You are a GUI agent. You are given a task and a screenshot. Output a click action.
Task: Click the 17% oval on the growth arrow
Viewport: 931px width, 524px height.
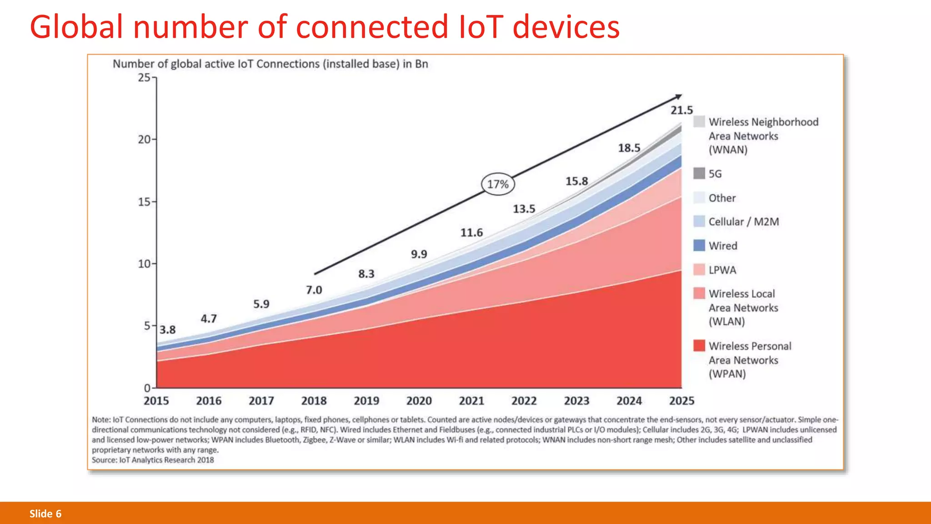498,184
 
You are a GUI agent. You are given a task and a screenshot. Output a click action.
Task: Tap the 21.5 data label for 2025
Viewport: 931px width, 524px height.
681,110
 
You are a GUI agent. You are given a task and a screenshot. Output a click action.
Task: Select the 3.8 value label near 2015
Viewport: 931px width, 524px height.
167,330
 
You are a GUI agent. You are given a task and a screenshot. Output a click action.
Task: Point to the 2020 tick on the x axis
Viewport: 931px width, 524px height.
419,401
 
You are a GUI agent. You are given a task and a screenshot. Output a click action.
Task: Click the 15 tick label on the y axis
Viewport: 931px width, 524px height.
144,202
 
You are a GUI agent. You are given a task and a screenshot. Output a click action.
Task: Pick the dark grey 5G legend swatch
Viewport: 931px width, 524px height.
699,173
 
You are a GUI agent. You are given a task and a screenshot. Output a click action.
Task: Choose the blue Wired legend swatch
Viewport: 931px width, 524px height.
699,246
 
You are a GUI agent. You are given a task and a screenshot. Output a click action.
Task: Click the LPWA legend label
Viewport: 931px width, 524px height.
722,270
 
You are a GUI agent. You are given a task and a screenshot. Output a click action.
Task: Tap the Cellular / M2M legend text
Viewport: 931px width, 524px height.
743,222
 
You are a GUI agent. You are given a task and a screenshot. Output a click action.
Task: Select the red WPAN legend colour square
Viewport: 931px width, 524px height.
699,346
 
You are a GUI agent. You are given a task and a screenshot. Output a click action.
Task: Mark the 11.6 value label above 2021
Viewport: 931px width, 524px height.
471,233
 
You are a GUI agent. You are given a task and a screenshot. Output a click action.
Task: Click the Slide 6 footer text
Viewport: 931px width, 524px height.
45,514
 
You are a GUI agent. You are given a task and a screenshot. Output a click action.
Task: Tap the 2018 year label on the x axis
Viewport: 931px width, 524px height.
314,401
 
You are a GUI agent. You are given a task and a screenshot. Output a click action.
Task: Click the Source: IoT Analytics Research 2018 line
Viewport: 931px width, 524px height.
153,460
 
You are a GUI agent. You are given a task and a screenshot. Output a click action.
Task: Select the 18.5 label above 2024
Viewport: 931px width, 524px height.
629,148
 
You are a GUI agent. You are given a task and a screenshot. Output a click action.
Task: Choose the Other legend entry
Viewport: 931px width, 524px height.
722,198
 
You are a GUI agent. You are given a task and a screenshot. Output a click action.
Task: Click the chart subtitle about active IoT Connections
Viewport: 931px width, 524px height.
270,64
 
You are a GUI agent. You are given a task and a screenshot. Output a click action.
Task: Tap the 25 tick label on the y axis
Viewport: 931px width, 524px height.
144,78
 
